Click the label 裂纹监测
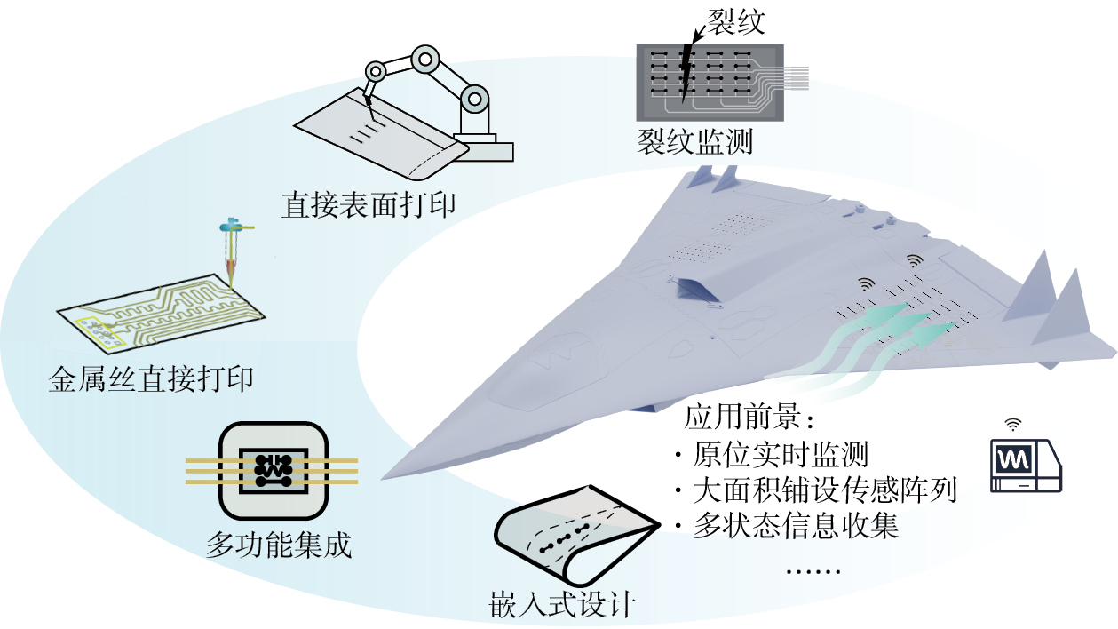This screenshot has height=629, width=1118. (694, 141)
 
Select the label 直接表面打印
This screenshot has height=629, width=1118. (369, 204)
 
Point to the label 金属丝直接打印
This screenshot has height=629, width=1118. (150, 379)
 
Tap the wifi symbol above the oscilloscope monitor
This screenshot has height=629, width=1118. (1013, 424)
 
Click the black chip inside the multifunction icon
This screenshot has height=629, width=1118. (272, 469)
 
